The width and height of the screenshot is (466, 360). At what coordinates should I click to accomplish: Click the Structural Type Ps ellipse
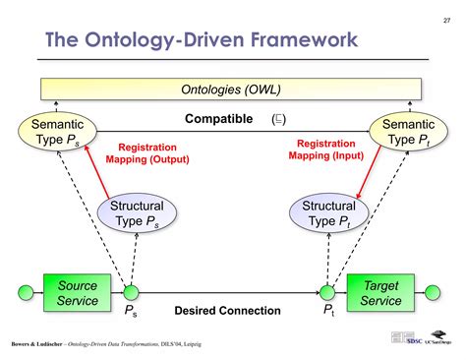(137, 214)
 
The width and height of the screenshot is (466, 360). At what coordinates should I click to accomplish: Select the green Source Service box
(78, 292)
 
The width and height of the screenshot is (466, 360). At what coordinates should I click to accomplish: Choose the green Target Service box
(380, 292)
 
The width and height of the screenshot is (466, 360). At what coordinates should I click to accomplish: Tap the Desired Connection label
(227, 311)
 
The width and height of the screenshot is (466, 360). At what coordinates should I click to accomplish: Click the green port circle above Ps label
(130, 291)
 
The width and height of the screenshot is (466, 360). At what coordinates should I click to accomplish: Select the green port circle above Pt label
(327, 291)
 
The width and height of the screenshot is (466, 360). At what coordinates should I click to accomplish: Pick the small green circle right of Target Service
(434, 292)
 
